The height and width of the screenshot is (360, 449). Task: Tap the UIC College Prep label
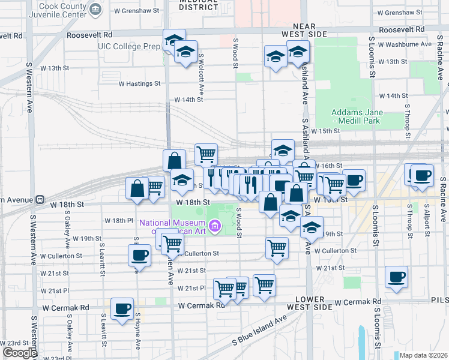[130, 46]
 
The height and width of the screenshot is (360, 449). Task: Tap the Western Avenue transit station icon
[40, 199]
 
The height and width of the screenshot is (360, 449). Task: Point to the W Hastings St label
[140, 84]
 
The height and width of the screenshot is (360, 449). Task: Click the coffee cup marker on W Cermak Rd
[122, 309]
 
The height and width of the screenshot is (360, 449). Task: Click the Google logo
[20, 353]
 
